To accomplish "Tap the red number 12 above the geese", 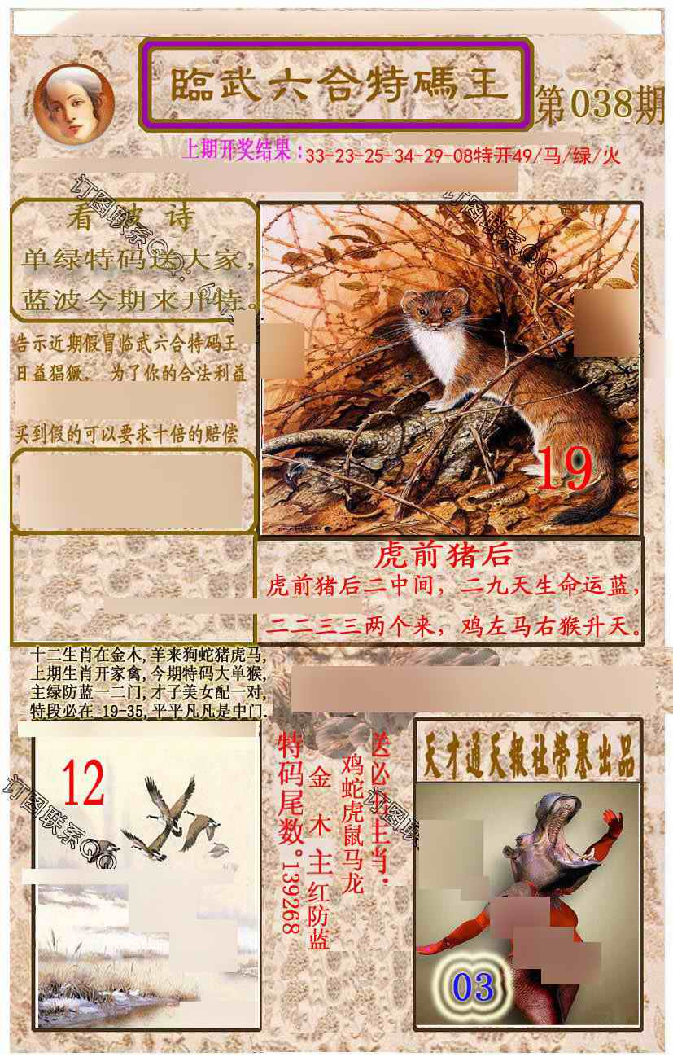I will point(83,783).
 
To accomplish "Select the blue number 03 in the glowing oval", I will point(473,987).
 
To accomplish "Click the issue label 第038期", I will point(600,106).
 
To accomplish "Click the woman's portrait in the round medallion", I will point(73,103).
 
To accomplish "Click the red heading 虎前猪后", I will point(444,555).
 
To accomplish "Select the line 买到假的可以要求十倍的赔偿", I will point(127,434).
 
